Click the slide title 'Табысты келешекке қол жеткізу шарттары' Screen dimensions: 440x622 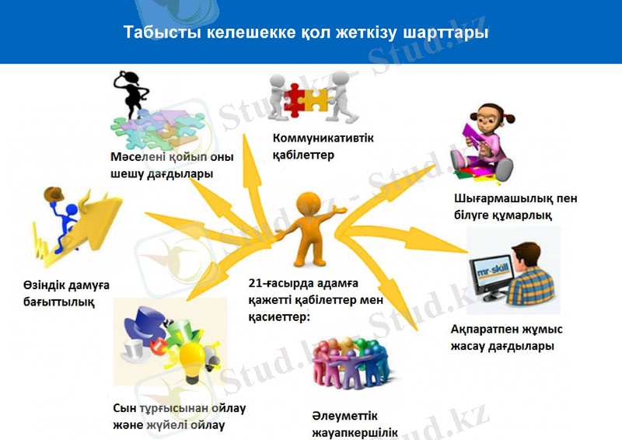coord(306,33)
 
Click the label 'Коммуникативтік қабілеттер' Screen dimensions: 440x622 coord(323,146)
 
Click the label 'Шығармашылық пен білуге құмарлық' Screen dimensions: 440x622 coord(515,206)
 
